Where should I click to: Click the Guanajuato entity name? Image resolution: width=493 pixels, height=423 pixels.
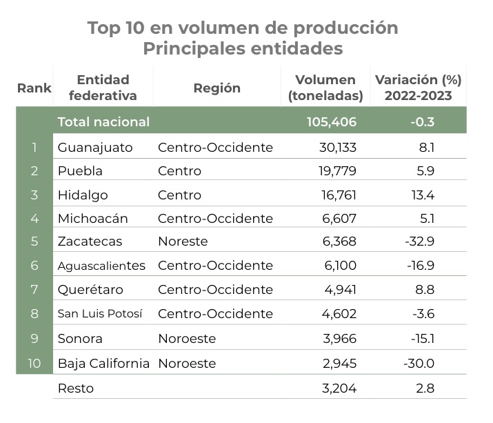point(95,147)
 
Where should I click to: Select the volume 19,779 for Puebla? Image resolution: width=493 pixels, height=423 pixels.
point(334,170)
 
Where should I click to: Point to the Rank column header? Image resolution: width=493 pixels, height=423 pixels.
point(34,88)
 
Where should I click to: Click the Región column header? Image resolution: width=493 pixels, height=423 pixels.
point(217,88)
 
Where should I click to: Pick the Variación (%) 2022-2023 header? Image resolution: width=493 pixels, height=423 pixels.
point(418,88)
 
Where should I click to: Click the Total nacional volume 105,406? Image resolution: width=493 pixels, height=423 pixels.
point(331,122)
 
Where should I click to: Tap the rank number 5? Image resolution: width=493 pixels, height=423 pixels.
point(34,242)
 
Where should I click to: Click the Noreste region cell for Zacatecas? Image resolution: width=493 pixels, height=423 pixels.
point(183,242)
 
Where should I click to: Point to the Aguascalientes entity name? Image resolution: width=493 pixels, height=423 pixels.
point(101,266)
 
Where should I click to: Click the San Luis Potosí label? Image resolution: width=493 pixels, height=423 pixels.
point(100,314)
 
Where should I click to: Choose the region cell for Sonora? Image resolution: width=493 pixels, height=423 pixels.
point(187,338)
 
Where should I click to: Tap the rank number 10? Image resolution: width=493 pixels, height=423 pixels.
point(34,363)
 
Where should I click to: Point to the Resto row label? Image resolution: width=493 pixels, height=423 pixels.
point(76,388)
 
